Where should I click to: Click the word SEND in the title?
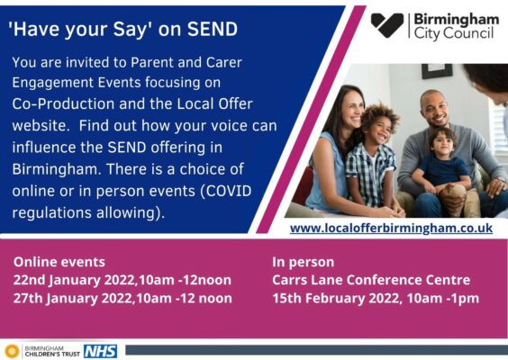213,29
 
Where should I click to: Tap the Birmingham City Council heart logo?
386,25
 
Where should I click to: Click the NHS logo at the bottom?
101,351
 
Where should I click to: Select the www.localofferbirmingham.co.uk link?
391,229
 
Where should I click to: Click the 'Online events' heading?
59,262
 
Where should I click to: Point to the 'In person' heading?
303,262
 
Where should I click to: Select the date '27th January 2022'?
73,299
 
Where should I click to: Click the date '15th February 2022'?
336,299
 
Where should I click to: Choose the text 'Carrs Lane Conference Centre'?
371,280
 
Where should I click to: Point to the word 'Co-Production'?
63,104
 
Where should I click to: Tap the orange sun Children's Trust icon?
12,351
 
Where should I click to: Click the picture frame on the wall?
437,71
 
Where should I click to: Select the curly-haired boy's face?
379,127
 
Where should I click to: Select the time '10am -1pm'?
443,299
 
